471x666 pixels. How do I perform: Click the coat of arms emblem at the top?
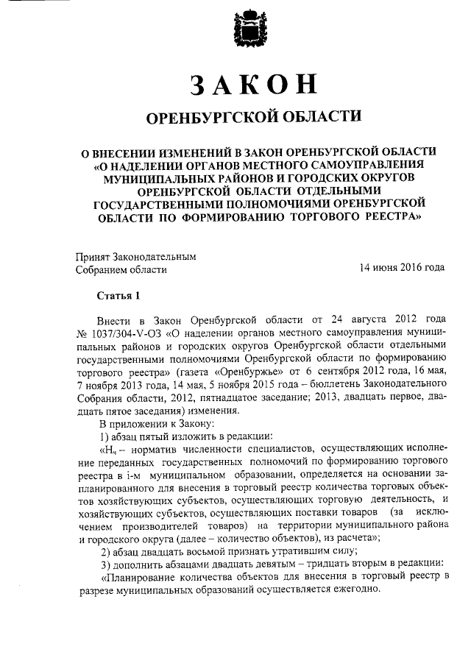243,32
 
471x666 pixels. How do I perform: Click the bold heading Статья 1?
118,297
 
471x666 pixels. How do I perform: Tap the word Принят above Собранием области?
93,257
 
